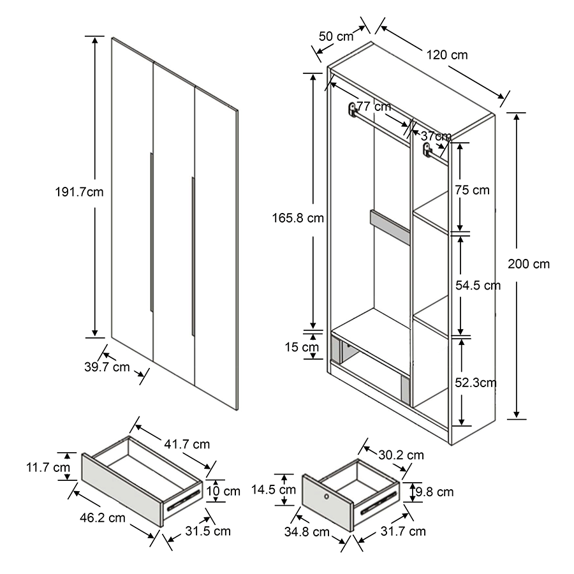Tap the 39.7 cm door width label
pyautogui.click(x=107, y=367)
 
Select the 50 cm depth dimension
pyautogui.click(x=335, y=36)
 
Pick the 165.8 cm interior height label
pyautogui.click(x=298, y=218)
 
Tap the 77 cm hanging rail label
pyautogui.click(x=374, y=107)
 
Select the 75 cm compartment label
pyautogui.click(x=472, y=190)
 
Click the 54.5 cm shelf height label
pyautogui.click(x=478, y=286)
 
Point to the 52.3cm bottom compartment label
pyautogui.click(x=476, y=383)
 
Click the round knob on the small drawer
pyautogui.click(x=326, y=497)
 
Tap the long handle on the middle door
pyautogui.click(x=192, y=255)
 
